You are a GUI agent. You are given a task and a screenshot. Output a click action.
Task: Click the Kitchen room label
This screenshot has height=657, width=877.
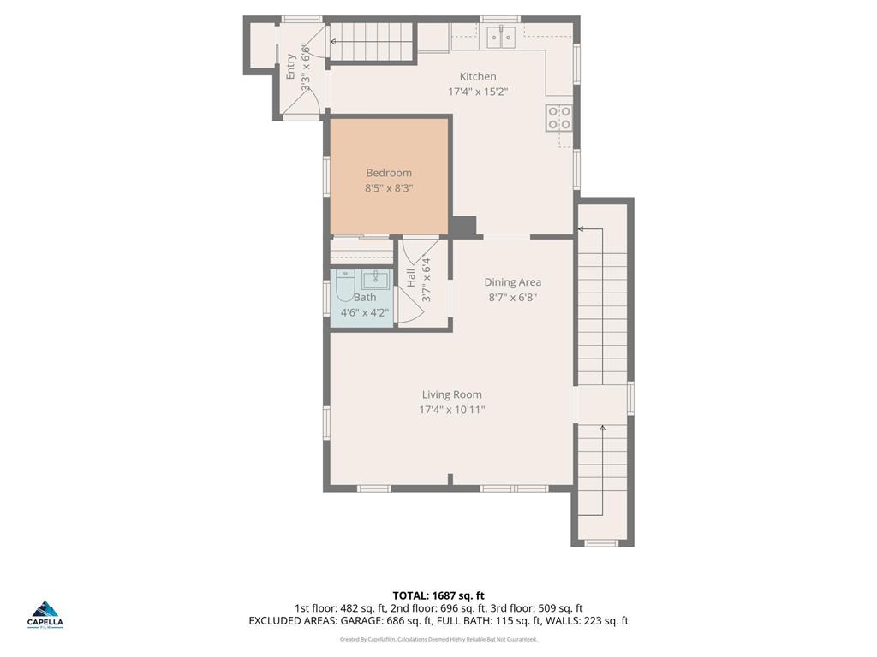477,76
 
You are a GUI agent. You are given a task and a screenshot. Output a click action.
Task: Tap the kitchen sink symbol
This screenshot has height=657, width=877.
500,35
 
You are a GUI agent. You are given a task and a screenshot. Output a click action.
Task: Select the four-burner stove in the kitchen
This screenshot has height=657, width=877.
559,116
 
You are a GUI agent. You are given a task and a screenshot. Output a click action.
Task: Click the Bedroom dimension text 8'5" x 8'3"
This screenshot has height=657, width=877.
389,188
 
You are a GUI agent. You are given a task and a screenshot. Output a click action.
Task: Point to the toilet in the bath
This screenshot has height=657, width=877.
344,283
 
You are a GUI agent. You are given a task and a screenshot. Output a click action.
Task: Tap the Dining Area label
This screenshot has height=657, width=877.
512,282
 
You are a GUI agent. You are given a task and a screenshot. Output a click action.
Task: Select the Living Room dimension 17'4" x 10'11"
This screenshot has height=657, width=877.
451,410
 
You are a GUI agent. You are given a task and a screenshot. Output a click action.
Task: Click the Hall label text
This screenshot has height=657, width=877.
412,277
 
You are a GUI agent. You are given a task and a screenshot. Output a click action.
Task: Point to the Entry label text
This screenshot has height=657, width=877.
291,67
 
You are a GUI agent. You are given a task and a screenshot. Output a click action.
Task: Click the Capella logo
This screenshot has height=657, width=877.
46,613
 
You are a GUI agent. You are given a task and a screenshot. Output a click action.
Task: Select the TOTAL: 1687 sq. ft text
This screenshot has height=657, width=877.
438,595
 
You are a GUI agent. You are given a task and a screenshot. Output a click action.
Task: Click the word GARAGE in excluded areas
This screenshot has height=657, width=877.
357,621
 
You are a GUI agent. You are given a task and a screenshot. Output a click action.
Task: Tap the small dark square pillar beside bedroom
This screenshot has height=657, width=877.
463,227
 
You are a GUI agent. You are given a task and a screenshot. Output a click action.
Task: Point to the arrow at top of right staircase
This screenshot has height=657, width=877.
581,229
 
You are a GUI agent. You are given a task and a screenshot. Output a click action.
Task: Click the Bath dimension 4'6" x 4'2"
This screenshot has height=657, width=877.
365,312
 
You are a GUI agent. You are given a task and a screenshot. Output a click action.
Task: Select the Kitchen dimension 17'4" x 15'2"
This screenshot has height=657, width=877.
478,92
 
